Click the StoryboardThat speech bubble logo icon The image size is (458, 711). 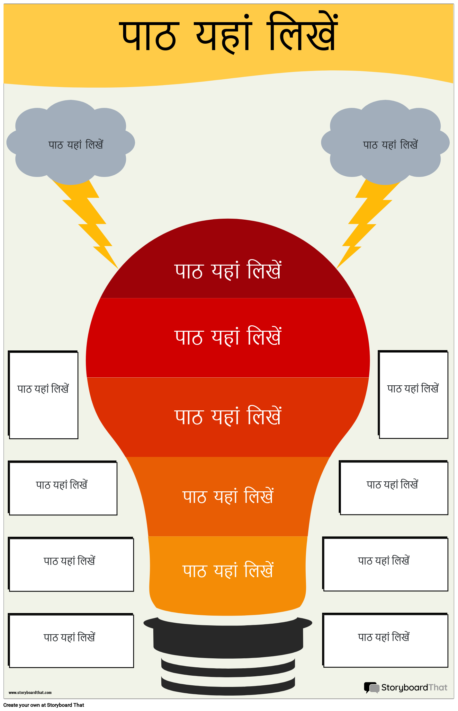(x=371, y=688)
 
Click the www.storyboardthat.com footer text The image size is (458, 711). (x=30, y=693)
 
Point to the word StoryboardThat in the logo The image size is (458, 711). (x=414, y=688)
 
